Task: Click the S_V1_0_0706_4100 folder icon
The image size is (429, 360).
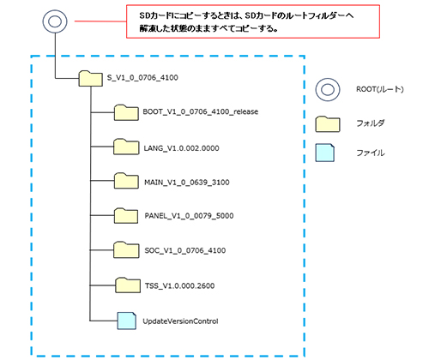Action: [x=91, y=79]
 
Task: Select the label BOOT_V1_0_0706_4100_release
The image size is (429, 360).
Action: [x=201, y=111]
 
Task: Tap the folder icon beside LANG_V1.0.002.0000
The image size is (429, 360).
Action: [x=126, y=147]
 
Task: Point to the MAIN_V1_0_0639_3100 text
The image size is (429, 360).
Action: [x=187, y=183]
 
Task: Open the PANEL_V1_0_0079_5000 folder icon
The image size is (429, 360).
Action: [x=126, y=216]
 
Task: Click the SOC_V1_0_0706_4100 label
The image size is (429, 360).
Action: [x=185, y=250]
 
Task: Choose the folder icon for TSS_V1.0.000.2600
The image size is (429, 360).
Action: [x=128, y=285]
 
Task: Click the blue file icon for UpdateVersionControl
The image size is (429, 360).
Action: [x=127, y=321]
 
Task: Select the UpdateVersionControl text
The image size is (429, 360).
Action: [x=180, y=321]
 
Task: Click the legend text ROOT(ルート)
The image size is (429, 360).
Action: [x=380, y=89]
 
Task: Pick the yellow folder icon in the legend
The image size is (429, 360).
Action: [x=328, y=124]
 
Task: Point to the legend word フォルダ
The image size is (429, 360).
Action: [x=371, y=123]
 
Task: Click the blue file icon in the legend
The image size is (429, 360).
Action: [x=325, y=153]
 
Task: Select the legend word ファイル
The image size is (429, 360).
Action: [x=371, y=153]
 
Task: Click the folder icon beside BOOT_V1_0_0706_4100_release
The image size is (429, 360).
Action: [x=126, y=112]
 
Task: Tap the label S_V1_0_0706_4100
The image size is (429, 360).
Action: [x=142, y=78]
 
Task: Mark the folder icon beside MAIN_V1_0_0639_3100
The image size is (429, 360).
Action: [x=126, y=181]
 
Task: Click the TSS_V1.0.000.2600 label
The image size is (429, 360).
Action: [x=179, y=285]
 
